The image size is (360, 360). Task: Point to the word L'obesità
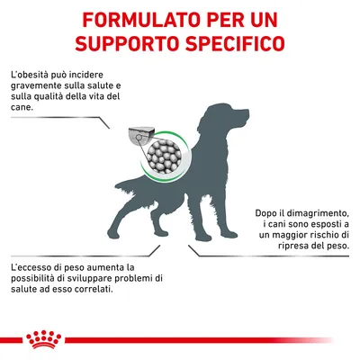(31, 71)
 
